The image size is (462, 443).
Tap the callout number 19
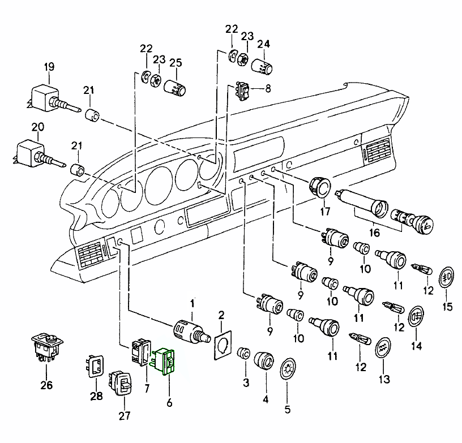[x=49, y=67]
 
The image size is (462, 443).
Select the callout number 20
[x=37, y=127]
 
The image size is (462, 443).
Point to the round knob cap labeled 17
[x=322, y=187]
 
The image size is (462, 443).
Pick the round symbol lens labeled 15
[x=448, y=278]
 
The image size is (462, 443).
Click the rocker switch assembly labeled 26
[x=46, y=346]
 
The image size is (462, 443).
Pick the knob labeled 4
[x=264, y=360]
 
